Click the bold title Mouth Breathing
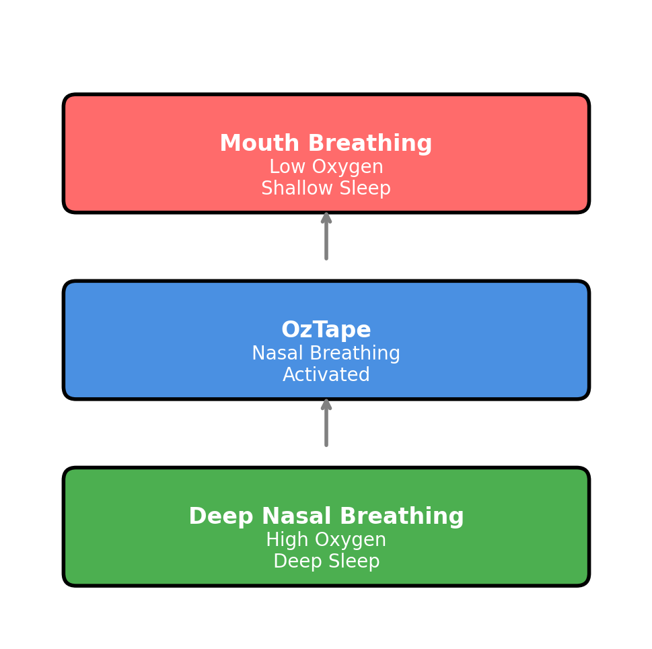pyautogui.click(x=326, y=143)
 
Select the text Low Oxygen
pyautogui.click(x=326, y=167)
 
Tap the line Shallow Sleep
pyautogui.click(x=326, y=188)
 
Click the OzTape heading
pyautogui.click(x=326, y=329)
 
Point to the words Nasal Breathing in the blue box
pyautogui.click(x=326, y=353)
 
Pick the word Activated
pyautogui.click(x=326, y=374)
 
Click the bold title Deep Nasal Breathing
pyautogui.click(x=326, y=516)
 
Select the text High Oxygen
pyautogui.click(x=326, y=539)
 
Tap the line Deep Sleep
pyautogui.click(x=326, y=561)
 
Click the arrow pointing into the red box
pyautogui.click(x=326, y=236)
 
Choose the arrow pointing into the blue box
pyautogui.click(x=326, y=423)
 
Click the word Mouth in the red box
pyautogui.click(x=260, y=143)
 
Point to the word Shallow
pyautogui.click(x=297, y=188)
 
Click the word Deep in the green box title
pyautogui.click(x=221, y=516)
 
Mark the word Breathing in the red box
pyautogui.click(x=370, y=143)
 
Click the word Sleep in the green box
pyautogui.click(x=354, y=561)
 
